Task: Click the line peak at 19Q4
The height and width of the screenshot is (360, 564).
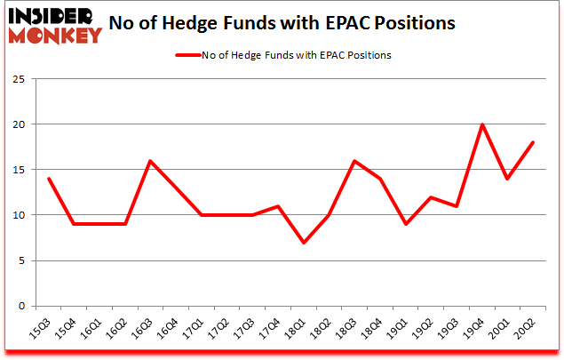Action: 482,124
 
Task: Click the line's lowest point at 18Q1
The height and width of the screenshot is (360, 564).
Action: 305,242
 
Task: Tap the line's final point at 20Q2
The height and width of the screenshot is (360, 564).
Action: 533,142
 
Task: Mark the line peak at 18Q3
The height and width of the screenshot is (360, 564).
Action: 355,161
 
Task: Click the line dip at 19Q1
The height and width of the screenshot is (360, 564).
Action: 406,224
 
